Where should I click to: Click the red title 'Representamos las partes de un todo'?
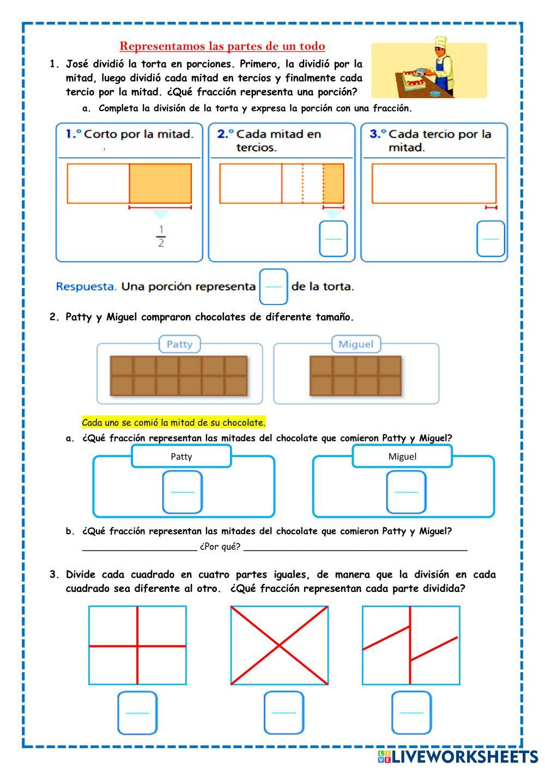pyautogui.click(x=222, y=46)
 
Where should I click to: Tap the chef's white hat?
pyautogui.click(x=440, y=42)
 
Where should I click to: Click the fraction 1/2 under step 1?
pyautogui.click(x=161, y=236)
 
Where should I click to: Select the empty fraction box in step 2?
pyautogui.click(x=333, y=239)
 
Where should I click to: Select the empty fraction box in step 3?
pyautogui.click(x=491, y=239)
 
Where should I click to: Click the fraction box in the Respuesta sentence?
pyautogui.click(x=273, y=286)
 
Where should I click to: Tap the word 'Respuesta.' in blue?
pyautogui.click(x=86, y=286)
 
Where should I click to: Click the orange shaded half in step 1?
pyautogui.click(x=160, y=183)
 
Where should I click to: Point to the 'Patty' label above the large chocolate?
pyautogui.click(x=179, y=344)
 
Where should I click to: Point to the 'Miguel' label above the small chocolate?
pyautogui.click(x=356, y=344)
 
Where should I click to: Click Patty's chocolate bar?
pyautogui.click(x=179, y=376)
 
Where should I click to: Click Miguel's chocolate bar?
pyautogui.click(x=355, y=376)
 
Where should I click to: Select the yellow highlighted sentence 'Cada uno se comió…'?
pyautogui.click(x=173, y=422)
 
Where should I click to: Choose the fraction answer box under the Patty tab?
pyautogui.click(x=183, y=492)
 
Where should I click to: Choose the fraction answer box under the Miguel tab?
pyautogui.click(x=406, y=492)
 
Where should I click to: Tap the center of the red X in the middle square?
pyautogui.click(x=279, y=646)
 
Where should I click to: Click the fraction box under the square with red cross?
pyautogui.click(x=137, y=713)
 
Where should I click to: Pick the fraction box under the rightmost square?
pyautogui.click(x=411, y=713)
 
